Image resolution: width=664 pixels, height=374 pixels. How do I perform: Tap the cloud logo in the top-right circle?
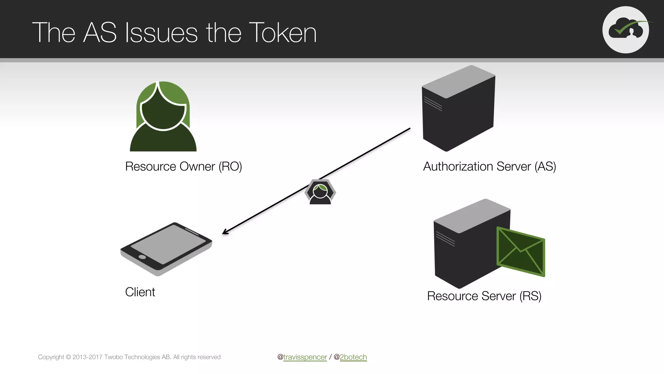626,30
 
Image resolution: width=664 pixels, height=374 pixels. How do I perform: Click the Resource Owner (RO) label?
184,167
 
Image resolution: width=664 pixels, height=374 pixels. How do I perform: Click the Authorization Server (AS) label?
490,167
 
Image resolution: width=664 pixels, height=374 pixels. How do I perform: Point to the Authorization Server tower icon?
458,109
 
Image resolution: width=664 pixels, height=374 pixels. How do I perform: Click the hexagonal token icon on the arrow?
320,192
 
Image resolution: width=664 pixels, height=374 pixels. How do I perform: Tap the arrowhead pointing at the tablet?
225,232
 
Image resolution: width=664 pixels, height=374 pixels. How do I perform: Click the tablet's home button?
142,257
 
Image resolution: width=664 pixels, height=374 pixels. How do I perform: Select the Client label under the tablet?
140,292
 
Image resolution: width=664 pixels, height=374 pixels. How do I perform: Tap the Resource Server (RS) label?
484,296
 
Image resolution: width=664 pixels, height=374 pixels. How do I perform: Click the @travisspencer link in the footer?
305,357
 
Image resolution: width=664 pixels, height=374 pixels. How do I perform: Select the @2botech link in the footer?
353,357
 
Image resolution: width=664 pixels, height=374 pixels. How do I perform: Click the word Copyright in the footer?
51,357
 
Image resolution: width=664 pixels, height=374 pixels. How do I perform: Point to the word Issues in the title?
161,33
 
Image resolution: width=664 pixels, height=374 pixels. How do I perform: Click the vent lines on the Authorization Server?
433,104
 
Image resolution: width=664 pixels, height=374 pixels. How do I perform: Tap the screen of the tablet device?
168,243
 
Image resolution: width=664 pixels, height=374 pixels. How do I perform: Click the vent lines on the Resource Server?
445,239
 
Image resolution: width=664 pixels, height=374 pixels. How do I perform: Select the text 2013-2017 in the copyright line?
88,357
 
